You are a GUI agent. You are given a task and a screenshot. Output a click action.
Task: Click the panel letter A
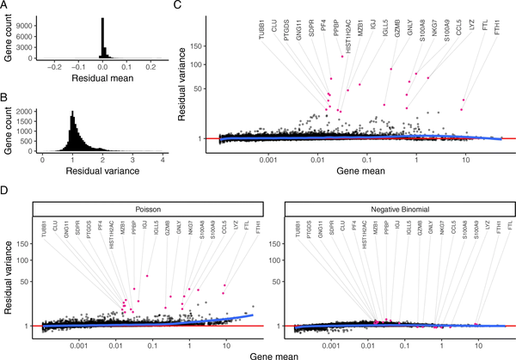[5, 6]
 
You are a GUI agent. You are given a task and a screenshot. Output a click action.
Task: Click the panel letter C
[177, 6]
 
